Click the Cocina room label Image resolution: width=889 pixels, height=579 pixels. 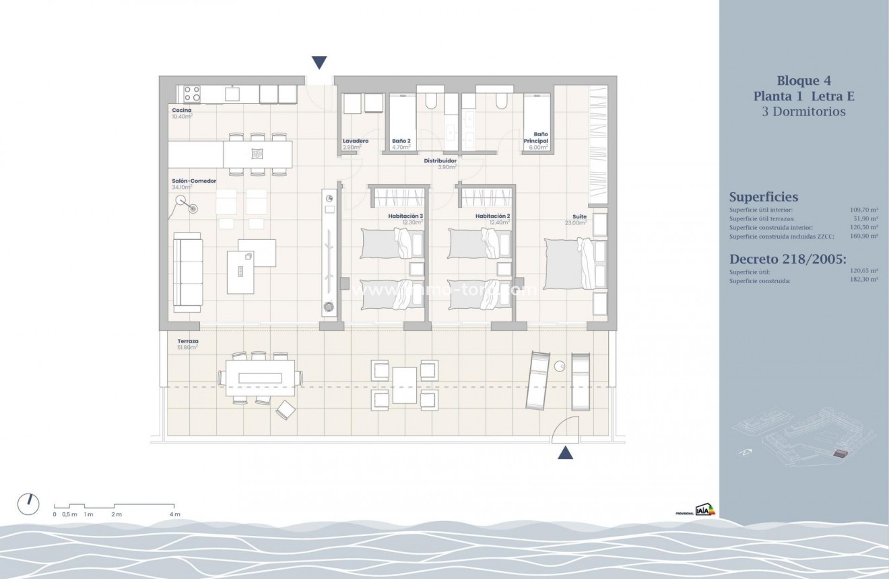pyautogui.click(x=182, y=110)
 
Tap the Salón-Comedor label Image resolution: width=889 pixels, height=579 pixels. pyautogui.click(x=194, y=181)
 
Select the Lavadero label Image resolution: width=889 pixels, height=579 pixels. pyautogui.click(x=356, y=141)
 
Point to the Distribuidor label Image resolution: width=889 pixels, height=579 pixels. pyautogui.click(x=440, y=162)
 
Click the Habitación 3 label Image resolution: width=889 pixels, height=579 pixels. pyautogui.click(x=405, y=216)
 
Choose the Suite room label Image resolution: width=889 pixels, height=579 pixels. pyautogui.click(x=579, y=216)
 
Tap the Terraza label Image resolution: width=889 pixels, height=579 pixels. pyautogui.click(x=188, y=342)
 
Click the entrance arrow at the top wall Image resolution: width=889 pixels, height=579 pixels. pyautogui.click(x=320, y=63)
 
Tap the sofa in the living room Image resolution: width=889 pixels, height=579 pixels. pyautogui.click(x=188, y=271)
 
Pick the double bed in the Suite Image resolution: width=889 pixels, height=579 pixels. pyautogui.click(x=569, y=264)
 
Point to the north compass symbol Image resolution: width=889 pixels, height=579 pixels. pyautogui.click(x=28, y=503)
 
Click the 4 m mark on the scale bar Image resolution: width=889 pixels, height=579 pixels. pyautogui.click(x=175, y=514)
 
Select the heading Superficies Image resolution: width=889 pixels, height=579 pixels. pyautogui.click(x=764, y=197)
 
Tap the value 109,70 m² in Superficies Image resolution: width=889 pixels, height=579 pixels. pyautogui.click(x=864, y=210)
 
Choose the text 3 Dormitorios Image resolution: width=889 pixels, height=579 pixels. pyautogui.click(x=803, y=112)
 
